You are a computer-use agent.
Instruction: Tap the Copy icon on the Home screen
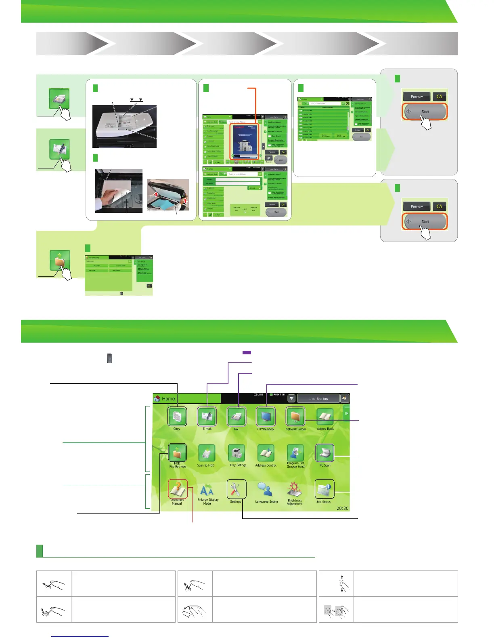point(177,417)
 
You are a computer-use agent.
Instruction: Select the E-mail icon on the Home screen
point(207,417)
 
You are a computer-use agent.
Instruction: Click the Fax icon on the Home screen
point(236,417)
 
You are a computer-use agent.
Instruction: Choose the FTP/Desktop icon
point(266,417)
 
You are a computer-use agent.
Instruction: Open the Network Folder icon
point(295,417)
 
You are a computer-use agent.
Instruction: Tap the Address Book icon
point(325,417)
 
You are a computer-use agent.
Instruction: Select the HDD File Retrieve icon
point(177,453)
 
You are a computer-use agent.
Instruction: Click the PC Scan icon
point(325,453)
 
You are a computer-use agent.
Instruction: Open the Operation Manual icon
point(178,489)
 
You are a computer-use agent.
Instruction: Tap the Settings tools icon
point(236,489)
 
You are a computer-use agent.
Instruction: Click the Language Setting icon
point(266,490)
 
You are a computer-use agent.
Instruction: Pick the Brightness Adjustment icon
point(295,490)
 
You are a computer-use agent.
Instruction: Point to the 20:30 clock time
point(342,508)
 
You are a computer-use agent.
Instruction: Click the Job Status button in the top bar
point(318,398)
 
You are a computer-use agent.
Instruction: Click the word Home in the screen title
point(168,398)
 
